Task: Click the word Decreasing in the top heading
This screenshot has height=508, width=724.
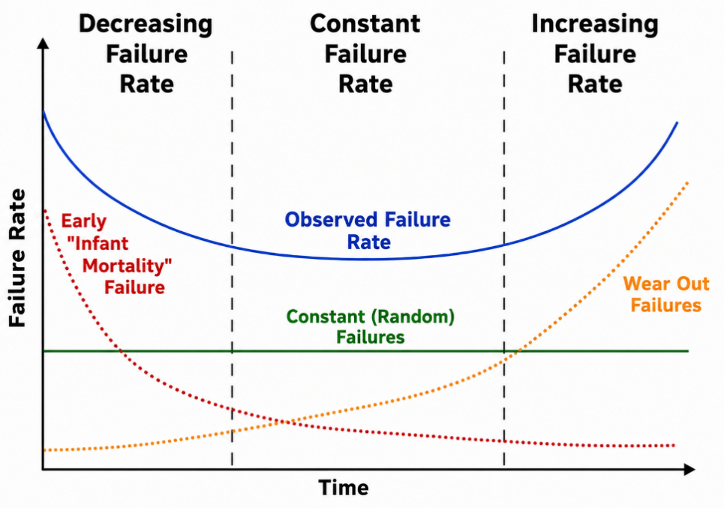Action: point(146,25)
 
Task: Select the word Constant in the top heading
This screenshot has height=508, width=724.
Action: point(365,23)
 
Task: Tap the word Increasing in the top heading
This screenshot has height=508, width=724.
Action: point(595,25)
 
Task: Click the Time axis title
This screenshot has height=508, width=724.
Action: point(344,488)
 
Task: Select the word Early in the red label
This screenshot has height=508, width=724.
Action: point(83,221)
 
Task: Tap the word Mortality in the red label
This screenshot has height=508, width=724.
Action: point(125,266)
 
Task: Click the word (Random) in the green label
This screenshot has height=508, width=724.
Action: point(413,317)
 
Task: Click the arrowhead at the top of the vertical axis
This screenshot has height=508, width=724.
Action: point(43,43)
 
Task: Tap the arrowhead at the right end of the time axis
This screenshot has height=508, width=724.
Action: point(689,469)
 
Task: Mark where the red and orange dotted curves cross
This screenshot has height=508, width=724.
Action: point(287,422)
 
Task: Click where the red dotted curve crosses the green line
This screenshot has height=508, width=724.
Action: point(121,351)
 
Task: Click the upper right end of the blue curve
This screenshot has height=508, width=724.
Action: point(677,122)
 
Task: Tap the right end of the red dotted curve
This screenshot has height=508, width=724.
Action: point(674,446)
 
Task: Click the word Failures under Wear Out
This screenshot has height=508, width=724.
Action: point(665,305)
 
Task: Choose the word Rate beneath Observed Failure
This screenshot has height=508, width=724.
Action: point(369,242)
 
